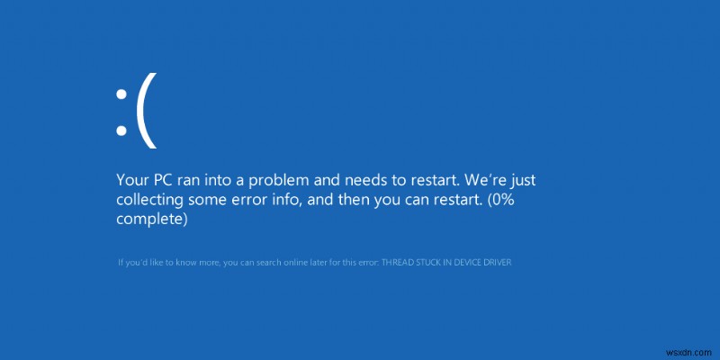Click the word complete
click(151, 219)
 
